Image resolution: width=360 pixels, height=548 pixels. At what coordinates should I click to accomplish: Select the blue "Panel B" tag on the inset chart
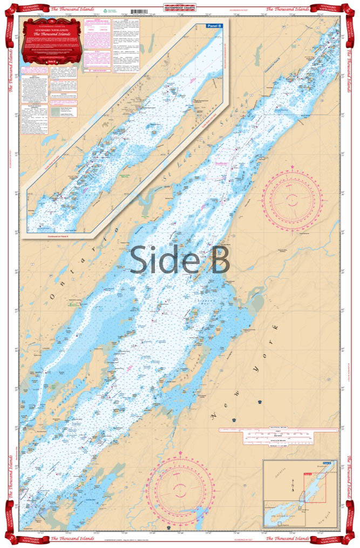pyautogui.click(x=214, y=25)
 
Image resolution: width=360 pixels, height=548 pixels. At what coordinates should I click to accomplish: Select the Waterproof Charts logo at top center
pyautogui.click(x=180, y=9)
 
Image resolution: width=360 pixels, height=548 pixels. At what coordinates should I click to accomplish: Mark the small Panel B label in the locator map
pyautogui.click(x=326, y=463)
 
